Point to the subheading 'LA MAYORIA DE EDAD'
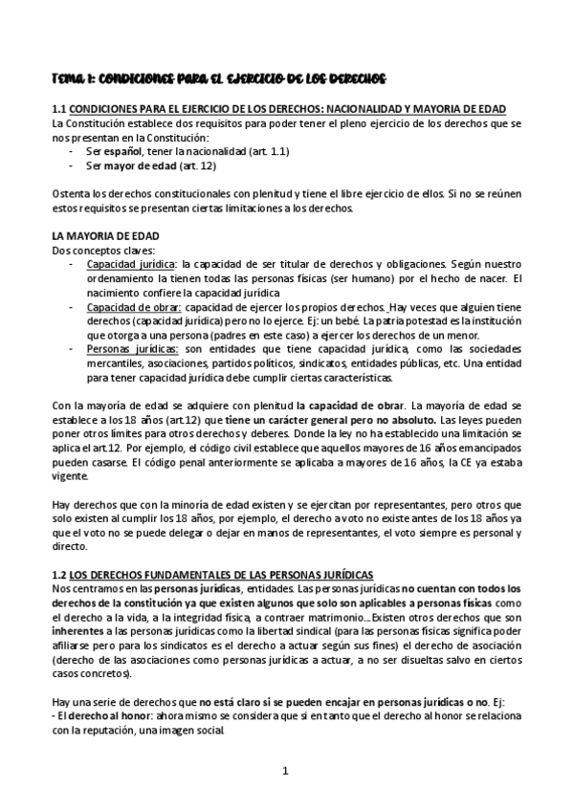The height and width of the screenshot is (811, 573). (105, 235)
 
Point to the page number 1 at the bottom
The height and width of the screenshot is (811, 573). (286, 772)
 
